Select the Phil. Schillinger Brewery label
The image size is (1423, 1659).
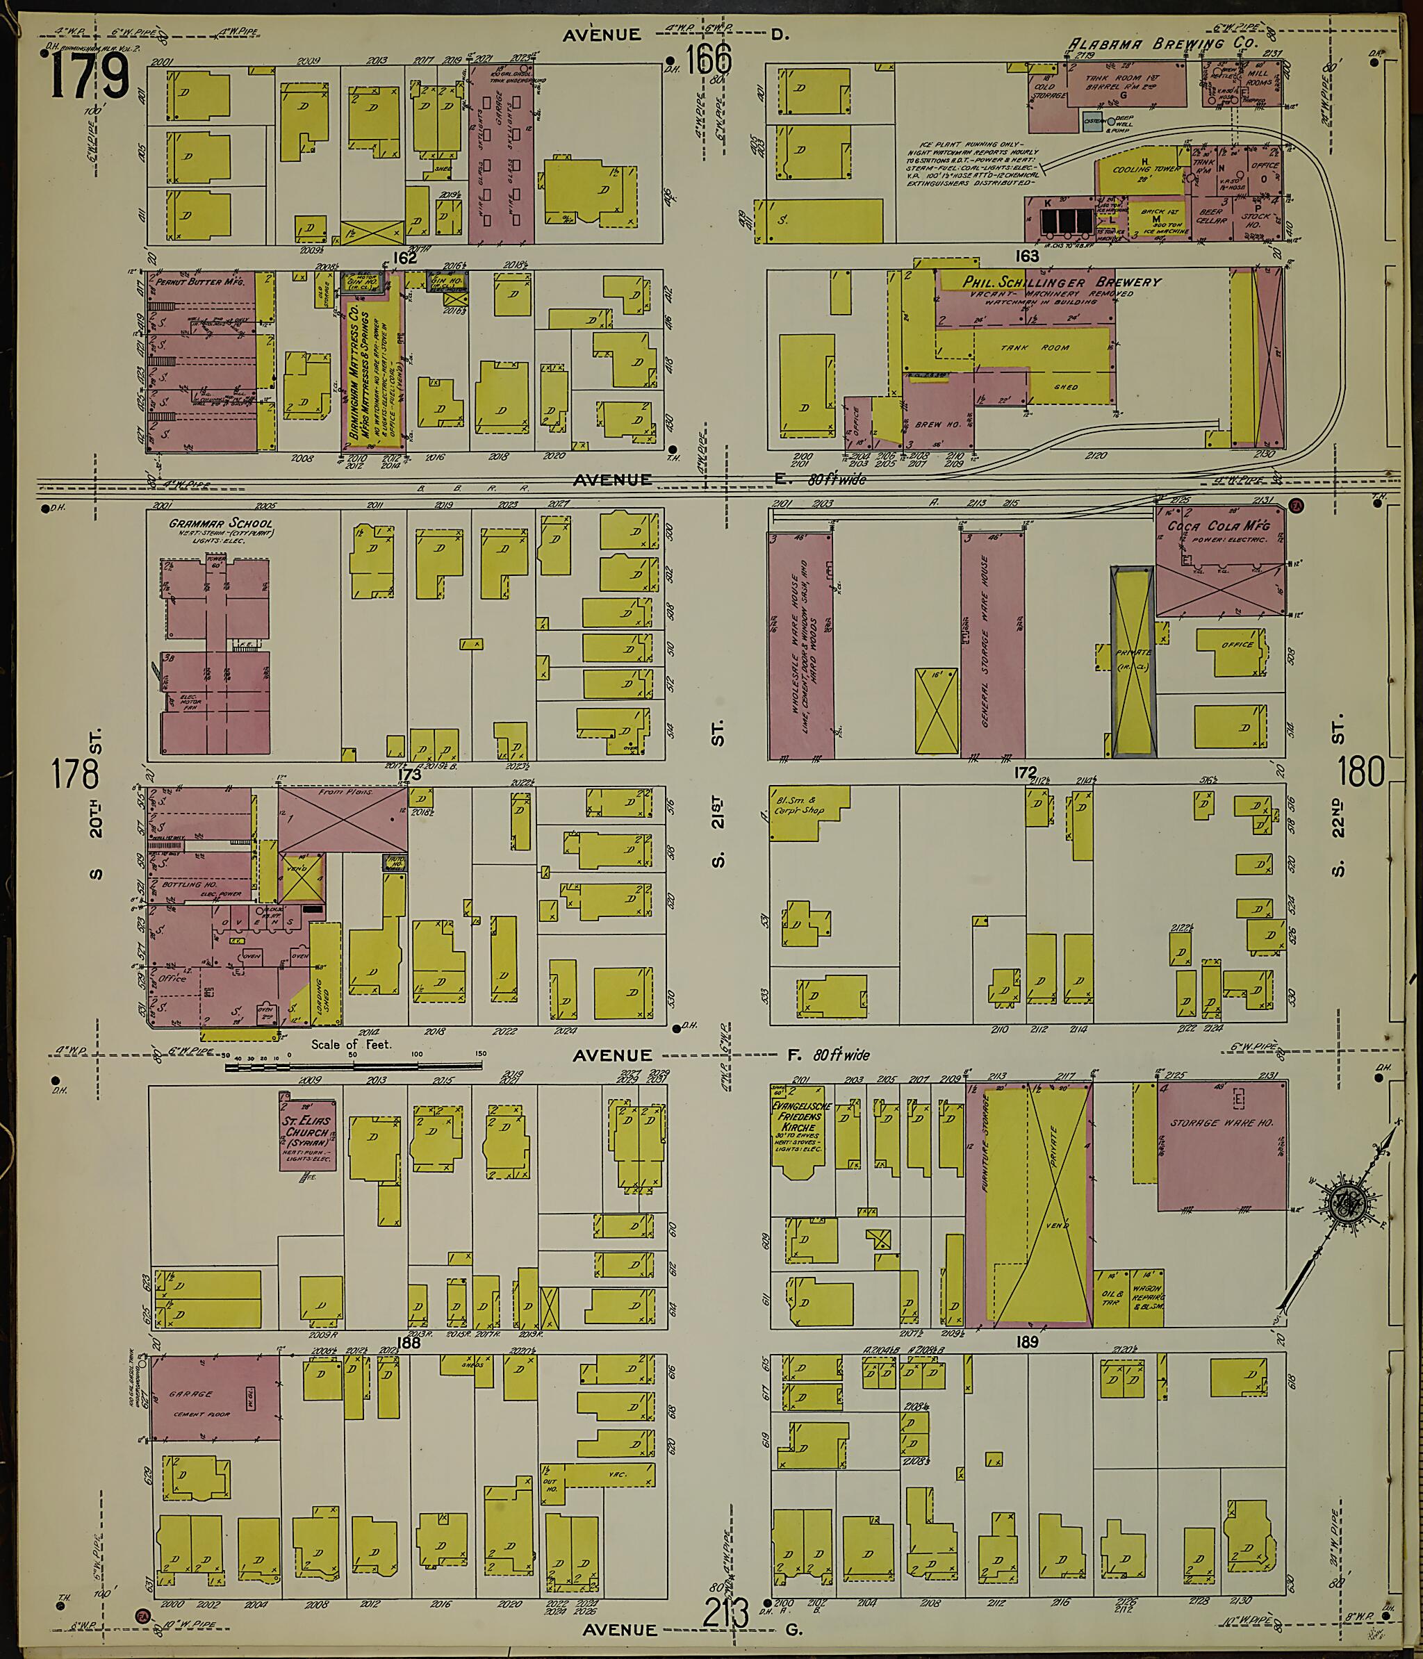(1051, 283)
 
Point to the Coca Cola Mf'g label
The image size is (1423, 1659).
(1219, 526)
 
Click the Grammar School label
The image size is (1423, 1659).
(220, 523)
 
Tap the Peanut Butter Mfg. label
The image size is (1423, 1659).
(201, 282)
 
